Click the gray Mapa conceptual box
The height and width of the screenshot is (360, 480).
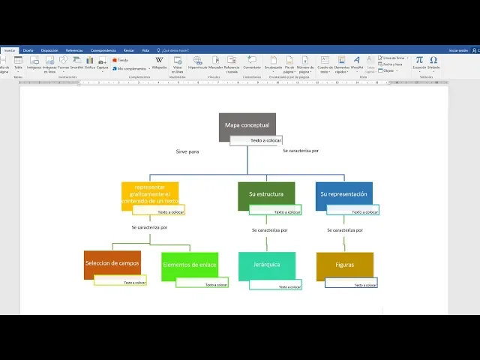tap(247, 124)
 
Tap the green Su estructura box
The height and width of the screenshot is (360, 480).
tap(266, 193)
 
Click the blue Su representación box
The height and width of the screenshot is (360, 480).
tap(343, 193)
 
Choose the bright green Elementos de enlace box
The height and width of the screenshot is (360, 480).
tap(189, 265)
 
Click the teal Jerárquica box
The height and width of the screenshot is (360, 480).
tap(266, 265)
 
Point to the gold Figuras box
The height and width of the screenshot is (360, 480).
tap(344, 265)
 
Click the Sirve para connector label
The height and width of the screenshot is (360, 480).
tap(187, 151)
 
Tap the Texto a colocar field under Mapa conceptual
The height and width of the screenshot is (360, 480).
tap(256, 140)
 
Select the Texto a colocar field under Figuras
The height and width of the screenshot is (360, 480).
tap(352, 284)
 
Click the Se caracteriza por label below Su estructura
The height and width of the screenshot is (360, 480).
tap(270, 230)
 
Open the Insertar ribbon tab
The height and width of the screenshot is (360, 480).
tap(9, 50)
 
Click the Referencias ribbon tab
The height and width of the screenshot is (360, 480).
tap(73, 50)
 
